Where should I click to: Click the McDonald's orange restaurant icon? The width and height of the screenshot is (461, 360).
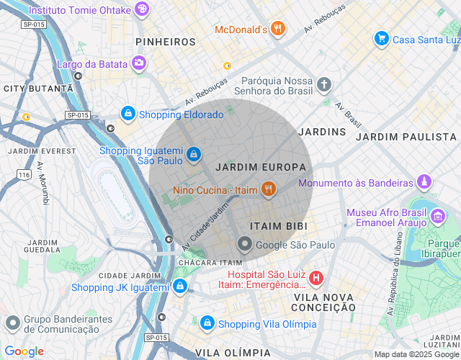pyautogui.click(x=277, y=30)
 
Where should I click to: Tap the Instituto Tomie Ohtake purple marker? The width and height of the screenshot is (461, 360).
pyautogui.click(x=143, y=9)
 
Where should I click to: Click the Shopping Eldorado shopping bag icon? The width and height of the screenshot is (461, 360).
pyautogui.click(x=127, y=114)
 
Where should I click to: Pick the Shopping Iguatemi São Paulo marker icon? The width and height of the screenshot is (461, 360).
pyautogui.click(x=193, y=154)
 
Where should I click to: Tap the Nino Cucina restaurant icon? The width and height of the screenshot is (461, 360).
pyautogui.click(x=269, y=190)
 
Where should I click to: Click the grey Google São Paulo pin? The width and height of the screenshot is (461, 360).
pyautogui.click(x=245, y=245)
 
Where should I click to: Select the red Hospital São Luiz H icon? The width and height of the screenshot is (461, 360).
pyautogui.click(x=315, y=278)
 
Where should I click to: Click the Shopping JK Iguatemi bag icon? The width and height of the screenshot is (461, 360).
pyautogui.click(x=179, y=287)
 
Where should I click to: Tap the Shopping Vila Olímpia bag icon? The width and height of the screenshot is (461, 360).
pyautogui.click(x=207, y=323)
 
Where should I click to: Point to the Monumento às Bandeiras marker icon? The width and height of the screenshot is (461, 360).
pyautogui.click(x=424, y=183)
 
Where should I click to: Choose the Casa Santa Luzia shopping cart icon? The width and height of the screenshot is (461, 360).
pyautogui.click(x=381, y=39)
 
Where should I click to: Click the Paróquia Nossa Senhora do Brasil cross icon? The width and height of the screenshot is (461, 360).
pyautogui.click(x=324, y=85)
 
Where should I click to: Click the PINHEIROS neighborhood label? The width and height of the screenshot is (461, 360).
pyautogui.click(x=166, y=42)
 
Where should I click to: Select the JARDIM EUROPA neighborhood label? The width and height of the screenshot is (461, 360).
pyautogui.click(x=250, y=167)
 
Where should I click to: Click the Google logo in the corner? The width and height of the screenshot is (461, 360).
pyautogui.click(x=24, y=351)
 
